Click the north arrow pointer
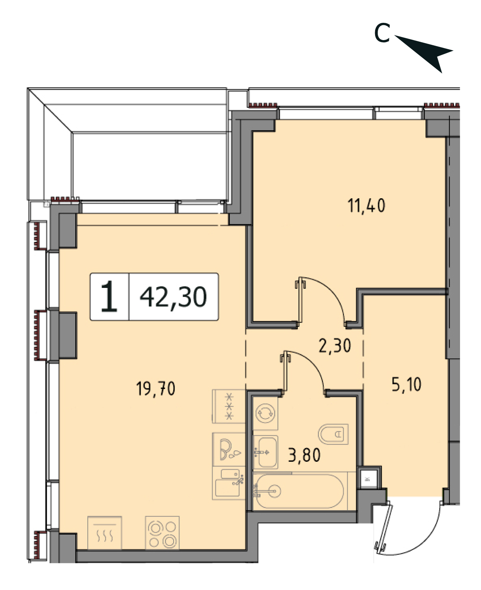(428, 52)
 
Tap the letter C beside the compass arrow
(382, 33)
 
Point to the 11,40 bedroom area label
(366, 206)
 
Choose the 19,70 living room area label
(156, 389)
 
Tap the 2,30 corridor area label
(335, 345)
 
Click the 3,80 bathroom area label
(304, 455)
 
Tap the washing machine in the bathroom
(265, 413)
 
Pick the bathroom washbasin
(265, 452)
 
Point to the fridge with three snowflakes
(229, 406)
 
